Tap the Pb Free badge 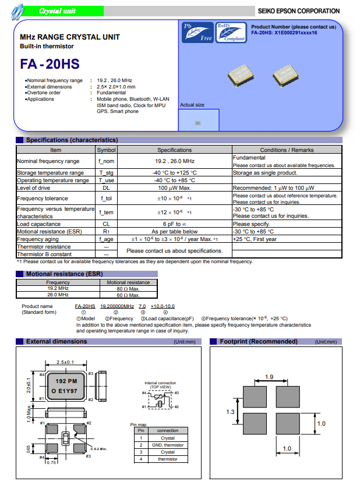coord(198,33)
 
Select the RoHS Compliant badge coord(231,33)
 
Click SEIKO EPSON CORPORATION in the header coord(298,11)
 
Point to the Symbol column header coord(106,150)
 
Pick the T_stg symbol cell coord(106,173)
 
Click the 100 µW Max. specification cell coord(174,188)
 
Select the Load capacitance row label coord(39,224)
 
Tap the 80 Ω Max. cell coord(128,289)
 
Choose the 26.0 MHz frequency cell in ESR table coord(58,295)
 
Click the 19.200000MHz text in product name coord(117,306)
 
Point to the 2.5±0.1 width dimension coord(65,363)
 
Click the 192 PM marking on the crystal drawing coord(66,381)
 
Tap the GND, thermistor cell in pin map coord(167,445)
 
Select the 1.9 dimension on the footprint coord(269,377)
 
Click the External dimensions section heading coord(57,342)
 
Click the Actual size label coord(192,105)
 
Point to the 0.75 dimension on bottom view coord(51,462)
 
